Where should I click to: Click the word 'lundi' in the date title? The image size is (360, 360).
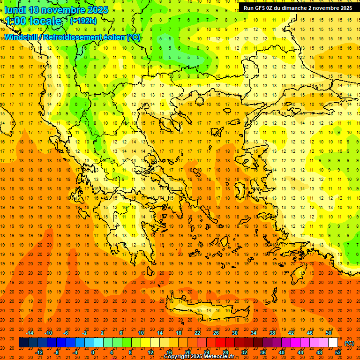pyautogui.click(x=15, y=10)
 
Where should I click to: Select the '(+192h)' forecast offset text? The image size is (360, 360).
pyautogui.click(x=83, y=21)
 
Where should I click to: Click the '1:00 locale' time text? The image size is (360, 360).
pyautogui.click(x=33, y=21)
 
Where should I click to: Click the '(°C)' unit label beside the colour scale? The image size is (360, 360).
pyautogui.click(x=349, y=343)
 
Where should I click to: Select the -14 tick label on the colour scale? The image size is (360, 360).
pyautogui.click(x=30, y=332)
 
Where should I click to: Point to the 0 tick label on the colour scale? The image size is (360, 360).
pyautogui.click(x=93, y=352)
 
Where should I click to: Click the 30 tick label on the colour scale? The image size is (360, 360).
pyautogui.click(x=234, y=332)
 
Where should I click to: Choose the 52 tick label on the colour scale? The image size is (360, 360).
pyautogui.click(x=338, y=352)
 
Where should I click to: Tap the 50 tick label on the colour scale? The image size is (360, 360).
pyautogui.click(x=328, y=332)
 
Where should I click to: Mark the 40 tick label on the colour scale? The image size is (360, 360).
pyautogui.click(x=281, y=352)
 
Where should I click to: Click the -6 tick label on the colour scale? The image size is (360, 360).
pyautogui.click(x=66, y=332)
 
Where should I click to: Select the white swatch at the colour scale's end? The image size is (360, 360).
pyautogui.click(x=333, y=343)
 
